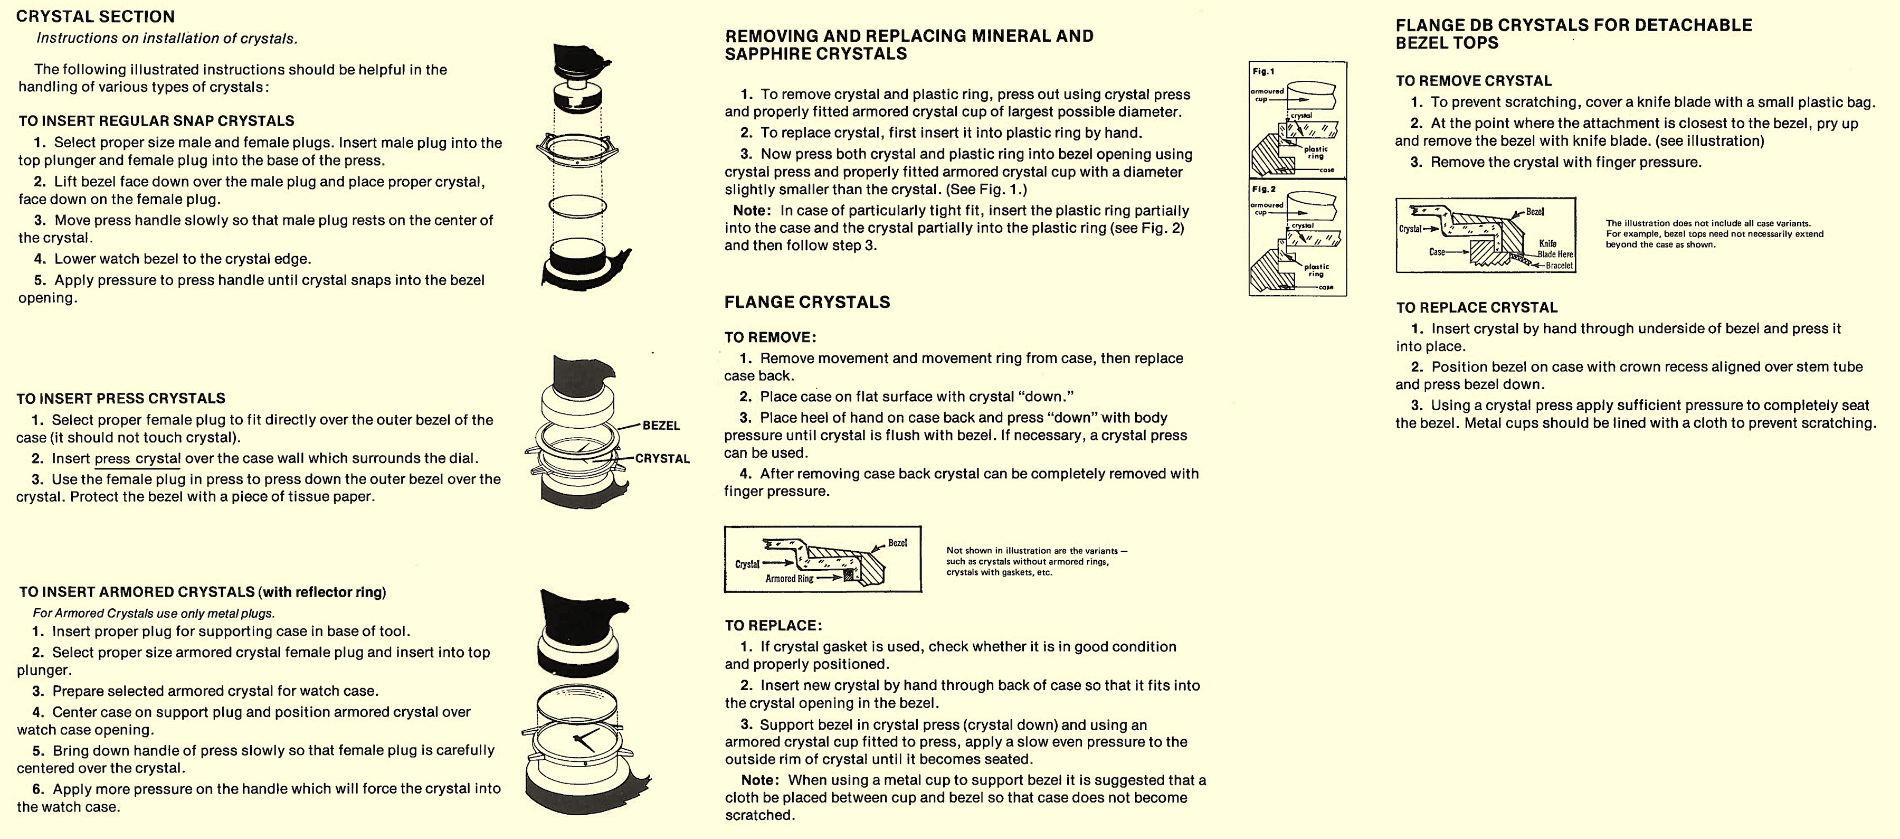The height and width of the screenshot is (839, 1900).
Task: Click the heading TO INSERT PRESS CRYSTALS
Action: point(120,399)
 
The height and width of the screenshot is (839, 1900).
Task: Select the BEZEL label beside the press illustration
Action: point(661,426)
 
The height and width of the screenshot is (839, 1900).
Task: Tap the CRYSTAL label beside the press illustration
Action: point(662,458)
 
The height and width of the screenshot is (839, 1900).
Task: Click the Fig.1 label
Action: point(1263,72)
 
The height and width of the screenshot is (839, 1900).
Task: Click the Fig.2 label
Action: point(1263,190)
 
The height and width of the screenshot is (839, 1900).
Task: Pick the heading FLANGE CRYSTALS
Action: point(807,302)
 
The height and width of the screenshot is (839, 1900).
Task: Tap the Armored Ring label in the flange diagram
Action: point(788,579)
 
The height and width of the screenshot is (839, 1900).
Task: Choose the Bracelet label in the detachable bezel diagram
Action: point(1559,266)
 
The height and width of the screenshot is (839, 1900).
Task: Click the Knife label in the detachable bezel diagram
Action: point(1547,243)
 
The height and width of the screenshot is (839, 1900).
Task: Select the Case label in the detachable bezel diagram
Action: point(1437,252)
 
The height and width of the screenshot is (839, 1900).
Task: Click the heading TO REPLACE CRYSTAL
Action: point(1477,308)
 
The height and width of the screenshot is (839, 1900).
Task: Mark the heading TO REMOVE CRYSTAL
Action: point(1474,81)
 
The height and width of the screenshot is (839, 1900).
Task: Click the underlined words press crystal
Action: point(137,458)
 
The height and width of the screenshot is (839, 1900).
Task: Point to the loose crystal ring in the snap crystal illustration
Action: point(578,206)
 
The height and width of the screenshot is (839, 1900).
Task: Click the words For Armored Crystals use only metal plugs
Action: point(154,613)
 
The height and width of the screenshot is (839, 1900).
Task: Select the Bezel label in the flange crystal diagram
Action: point(897,543)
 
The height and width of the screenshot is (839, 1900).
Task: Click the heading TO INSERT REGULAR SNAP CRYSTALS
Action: point(156,121)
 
